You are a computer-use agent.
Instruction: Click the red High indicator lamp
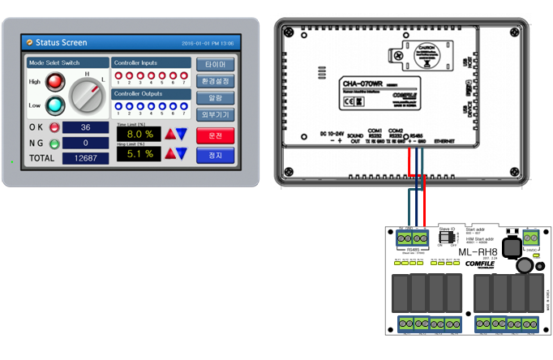(x=55, y=82)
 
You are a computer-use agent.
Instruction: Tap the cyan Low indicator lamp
(x=55, y=105)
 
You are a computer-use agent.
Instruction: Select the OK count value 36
(x=85, y=128)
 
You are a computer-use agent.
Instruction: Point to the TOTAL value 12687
(x=85, y=157)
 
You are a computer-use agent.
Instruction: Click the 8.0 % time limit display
(x=139, y=134)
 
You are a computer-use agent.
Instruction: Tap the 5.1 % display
(x=139, y=153)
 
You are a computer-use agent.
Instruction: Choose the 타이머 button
(x=215, y=65)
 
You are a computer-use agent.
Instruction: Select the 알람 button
(x=215, y=98)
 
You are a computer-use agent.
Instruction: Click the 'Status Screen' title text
(x=61, y=42)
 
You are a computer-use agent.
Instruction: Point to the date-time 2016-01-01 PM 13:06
(x=208, y=43)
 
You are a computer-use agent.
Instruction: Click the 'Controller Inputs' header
(x=137, y=62)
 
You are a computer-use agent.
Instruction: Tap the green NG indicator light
(x=54, y=144)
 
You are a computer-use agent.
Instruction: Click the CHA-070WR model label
(x=361, y=83)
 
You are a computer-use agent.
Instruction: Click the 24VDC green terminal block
(x=531, y=238)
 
